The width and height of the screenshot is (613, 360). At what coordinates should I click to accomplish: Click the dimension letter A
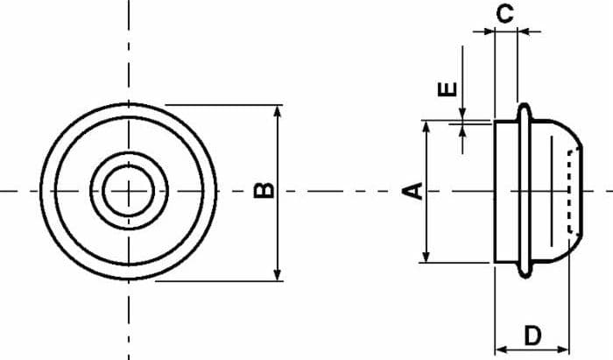click(413, 191)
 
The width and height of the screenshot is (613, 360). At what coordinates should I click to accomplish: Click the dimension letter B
click(264, 190)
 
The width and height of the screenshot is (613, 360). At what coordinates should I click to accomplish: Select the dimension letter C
click(504, 14)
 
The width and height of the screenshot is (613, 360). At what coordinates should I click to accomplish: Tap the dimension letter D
click(532, 335)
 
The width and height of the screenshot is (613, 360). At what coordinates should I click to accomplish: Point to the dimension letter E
click(447, 89)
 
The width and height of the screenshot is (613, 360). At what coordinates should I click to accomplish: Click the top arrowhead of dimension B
click(278, 110)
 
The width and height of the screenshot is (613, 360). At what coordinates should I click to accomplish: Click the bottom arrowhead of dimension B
click(278, 275)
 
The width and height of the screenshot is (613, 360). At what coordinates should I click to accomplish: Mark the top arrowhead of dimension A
click(426, 126)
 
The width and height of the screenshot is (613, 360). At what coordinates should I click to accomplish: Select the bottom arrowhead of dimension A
click(426, 257)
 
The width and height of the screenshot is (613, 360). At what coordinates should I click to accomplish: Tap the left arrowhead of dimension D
click(501, 349)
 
